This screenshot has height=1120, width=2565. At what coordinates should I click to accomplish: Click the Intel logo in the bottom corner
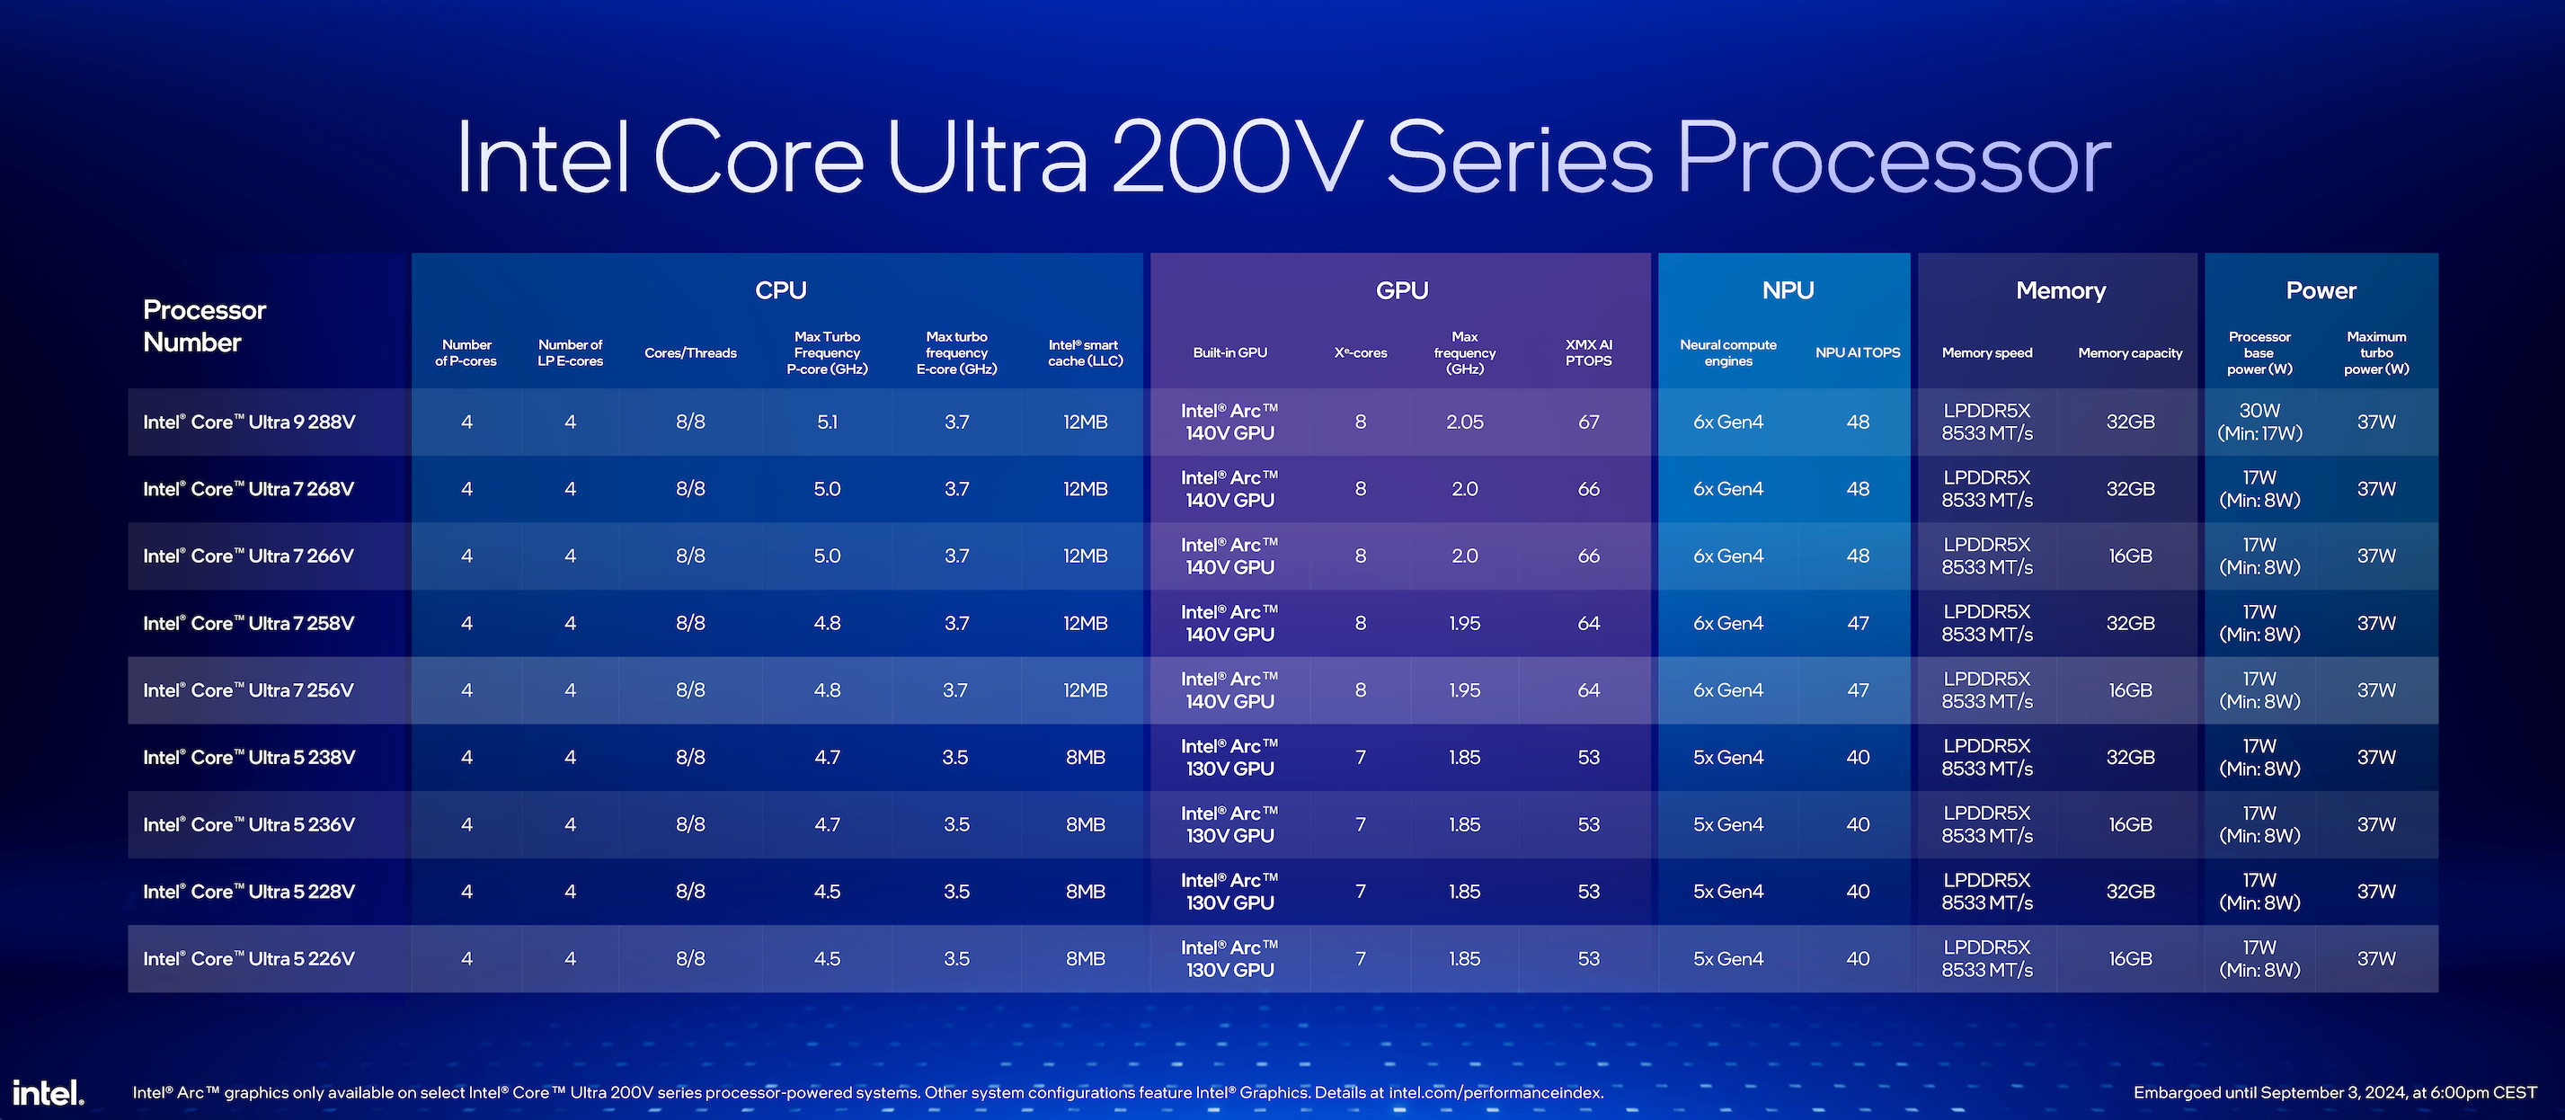(x=48, y=1092)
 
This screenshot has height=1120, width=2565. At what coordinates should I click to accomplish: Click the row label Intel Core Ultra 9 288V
(x=249, y=422)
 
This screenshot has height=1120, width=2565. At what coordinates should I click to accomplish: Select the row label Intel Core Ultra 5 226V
(x=249, y=959)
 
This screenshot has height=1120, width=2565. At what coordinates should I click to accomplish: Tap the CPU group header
(x=781, y=290)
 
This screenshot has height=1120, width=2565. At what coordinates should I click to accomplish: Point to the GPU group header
(x=1402, y=290)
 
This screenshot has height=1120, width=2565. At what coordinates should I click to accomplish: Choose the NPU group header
(x=1788, y=290)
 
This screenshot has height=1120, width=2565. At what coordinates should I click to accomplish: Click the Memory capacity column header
(x=2130, y=353)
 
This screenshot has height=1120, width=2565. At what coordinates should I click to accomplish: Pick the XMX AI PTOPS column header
(x=1588, y=352)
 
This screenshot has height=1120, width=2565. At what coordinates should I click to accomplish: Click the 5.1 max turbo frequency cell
(x=828, y=422)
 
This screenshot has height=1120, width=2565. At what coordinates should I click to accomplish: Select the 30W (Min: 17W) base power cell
(x=2259, y=422)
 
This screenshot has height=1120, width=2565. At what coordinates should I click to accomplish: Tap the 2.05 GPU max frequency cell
(x=1465, y=422)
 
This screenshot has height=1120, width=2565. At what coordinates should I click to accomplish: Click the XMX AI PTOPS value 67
(x=1588, y=422)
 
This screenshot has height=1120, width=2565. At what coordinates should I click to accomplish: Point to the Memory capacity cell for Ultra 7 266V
(x=2130, y=556)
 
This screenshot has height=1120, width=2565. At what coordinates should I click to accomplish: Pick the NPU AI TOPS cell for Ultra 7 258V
(x=1858, y=623)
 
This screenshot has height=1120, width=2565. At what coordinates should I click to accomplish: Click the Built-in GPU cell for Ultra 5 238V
(x=1229, y=758)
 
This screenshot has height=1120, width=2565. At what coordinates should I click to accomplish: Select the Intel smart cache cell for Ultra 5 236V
(x=1086, y=824)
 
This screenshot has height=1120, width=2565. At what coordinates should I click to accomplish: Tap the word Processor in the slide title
(x=1892, y=159)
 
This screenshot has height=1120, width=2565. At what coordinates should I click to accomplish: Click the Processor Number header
(x=204, y=325)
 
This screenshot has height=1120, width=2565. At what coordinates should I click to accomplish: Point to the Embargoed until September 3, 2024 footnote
(x=2335, y=1092)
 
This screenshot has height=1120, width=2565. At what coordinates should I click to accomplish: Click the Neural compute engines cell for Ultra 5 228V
(x=1727, y=892)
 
